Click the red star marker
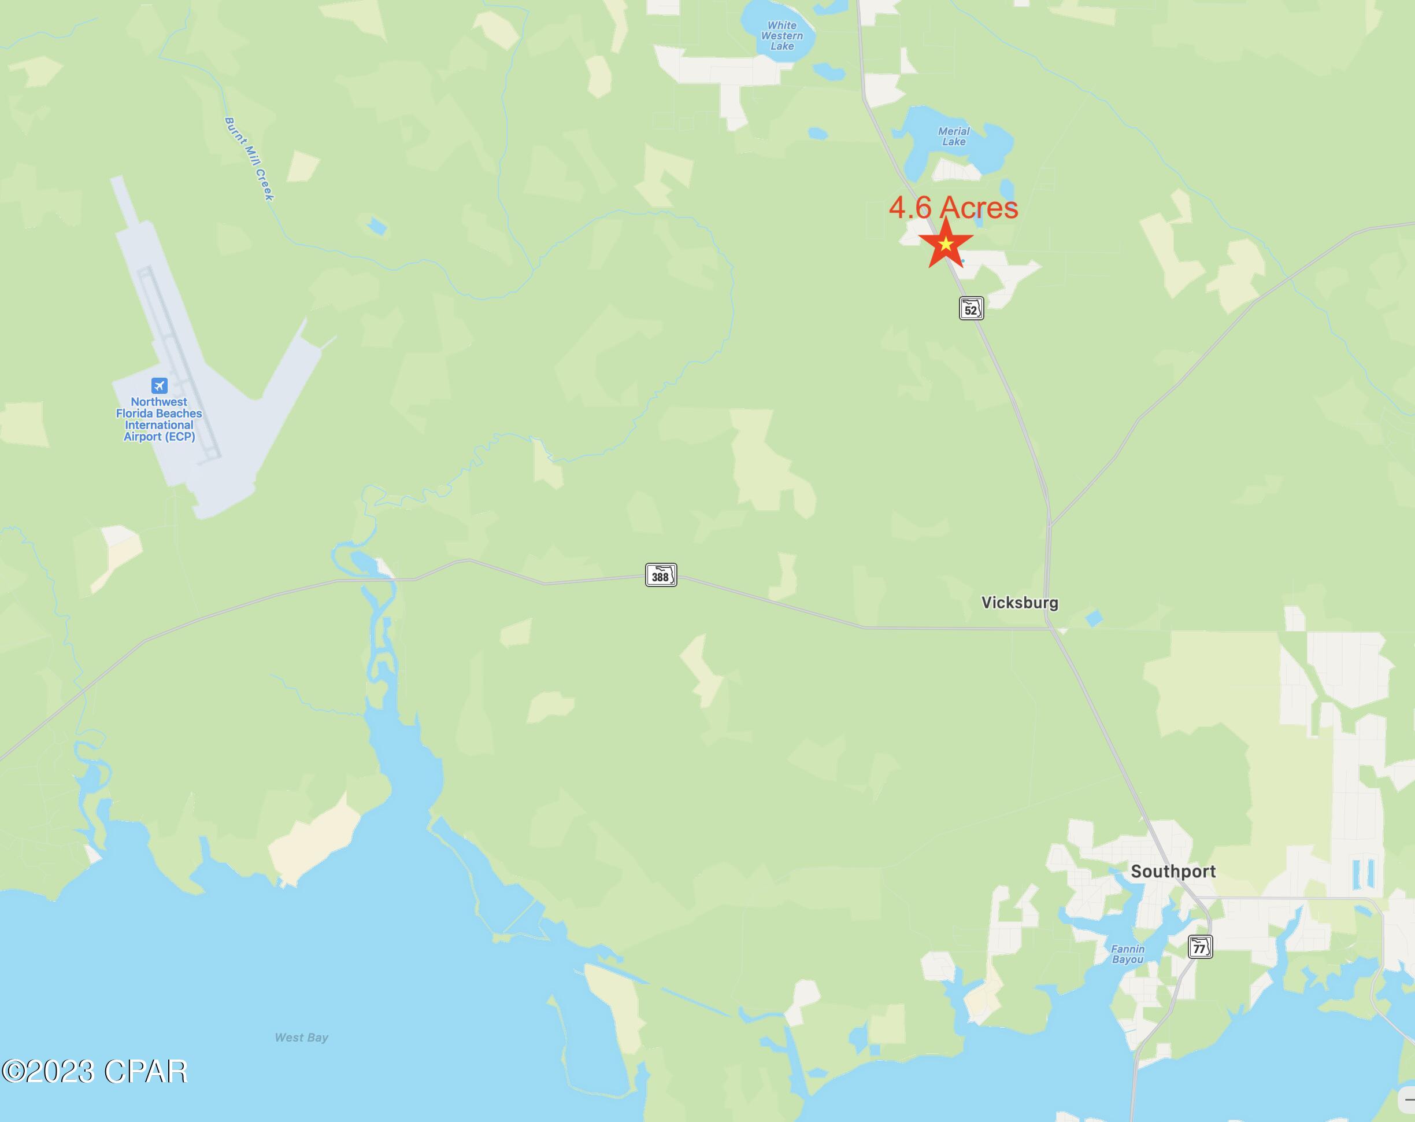click(945, 244)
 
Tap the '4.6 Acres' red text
click(953, 208)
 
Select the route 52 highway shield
click(971, 309)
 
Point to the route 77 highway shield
click(1200, 947)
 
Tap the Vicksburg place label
click(1019, 603)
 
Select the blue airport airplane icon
click(159, 385)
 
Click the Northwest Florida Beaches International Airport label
click(159, 419)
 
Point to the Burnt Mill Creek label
click(249, 159)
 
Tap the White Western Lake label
click(781, 36)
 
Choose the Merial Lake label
click(954, 136)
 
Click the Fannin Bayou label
click(1128, 954)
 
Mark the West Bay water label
click(301, 1038)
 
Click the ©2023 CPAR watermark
click(95, 1072)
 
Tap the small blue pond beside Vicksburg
click(1094, 618)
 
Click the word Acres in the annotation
click(979, 208)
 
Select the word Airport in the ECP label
click(143, 437)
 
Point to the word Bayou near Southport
click(1128, 960)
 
